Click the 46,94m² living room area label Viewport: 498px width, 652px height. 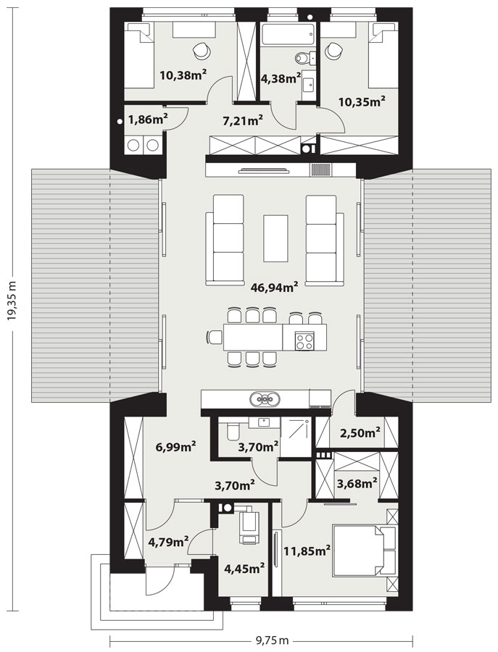pos(274,286)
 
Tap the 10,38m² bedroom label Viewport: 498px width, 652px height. pos(183,75)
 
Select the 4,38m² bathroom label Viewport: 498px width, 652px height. pos(281,78)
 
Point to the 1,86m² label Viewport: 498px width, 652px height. pos(148,120)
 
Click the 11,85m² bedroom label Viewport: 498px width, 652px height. pos(307,551)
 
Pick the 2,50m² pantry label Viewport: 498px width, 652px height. pos(360,433)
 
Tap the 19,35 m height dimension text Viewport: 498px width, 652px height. pos(12,299)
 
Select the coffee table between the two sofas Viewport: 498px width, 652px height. pos(276,238)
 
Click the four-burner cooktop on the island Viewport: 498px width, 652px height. pos(304,342)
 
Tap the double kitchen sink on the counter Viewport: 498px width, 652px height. pos(265,400)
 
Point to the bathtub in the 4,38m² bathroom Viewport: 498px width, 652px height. pos(287,35)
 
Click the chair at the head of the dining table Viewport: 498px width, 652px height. pos(215,337)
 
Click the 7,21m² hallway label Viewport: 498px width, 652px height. pos(243,120)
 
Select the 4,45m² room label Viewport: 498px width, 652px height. pos(244,569)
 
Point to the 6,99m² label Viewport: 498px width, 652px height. pos(176,448)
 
